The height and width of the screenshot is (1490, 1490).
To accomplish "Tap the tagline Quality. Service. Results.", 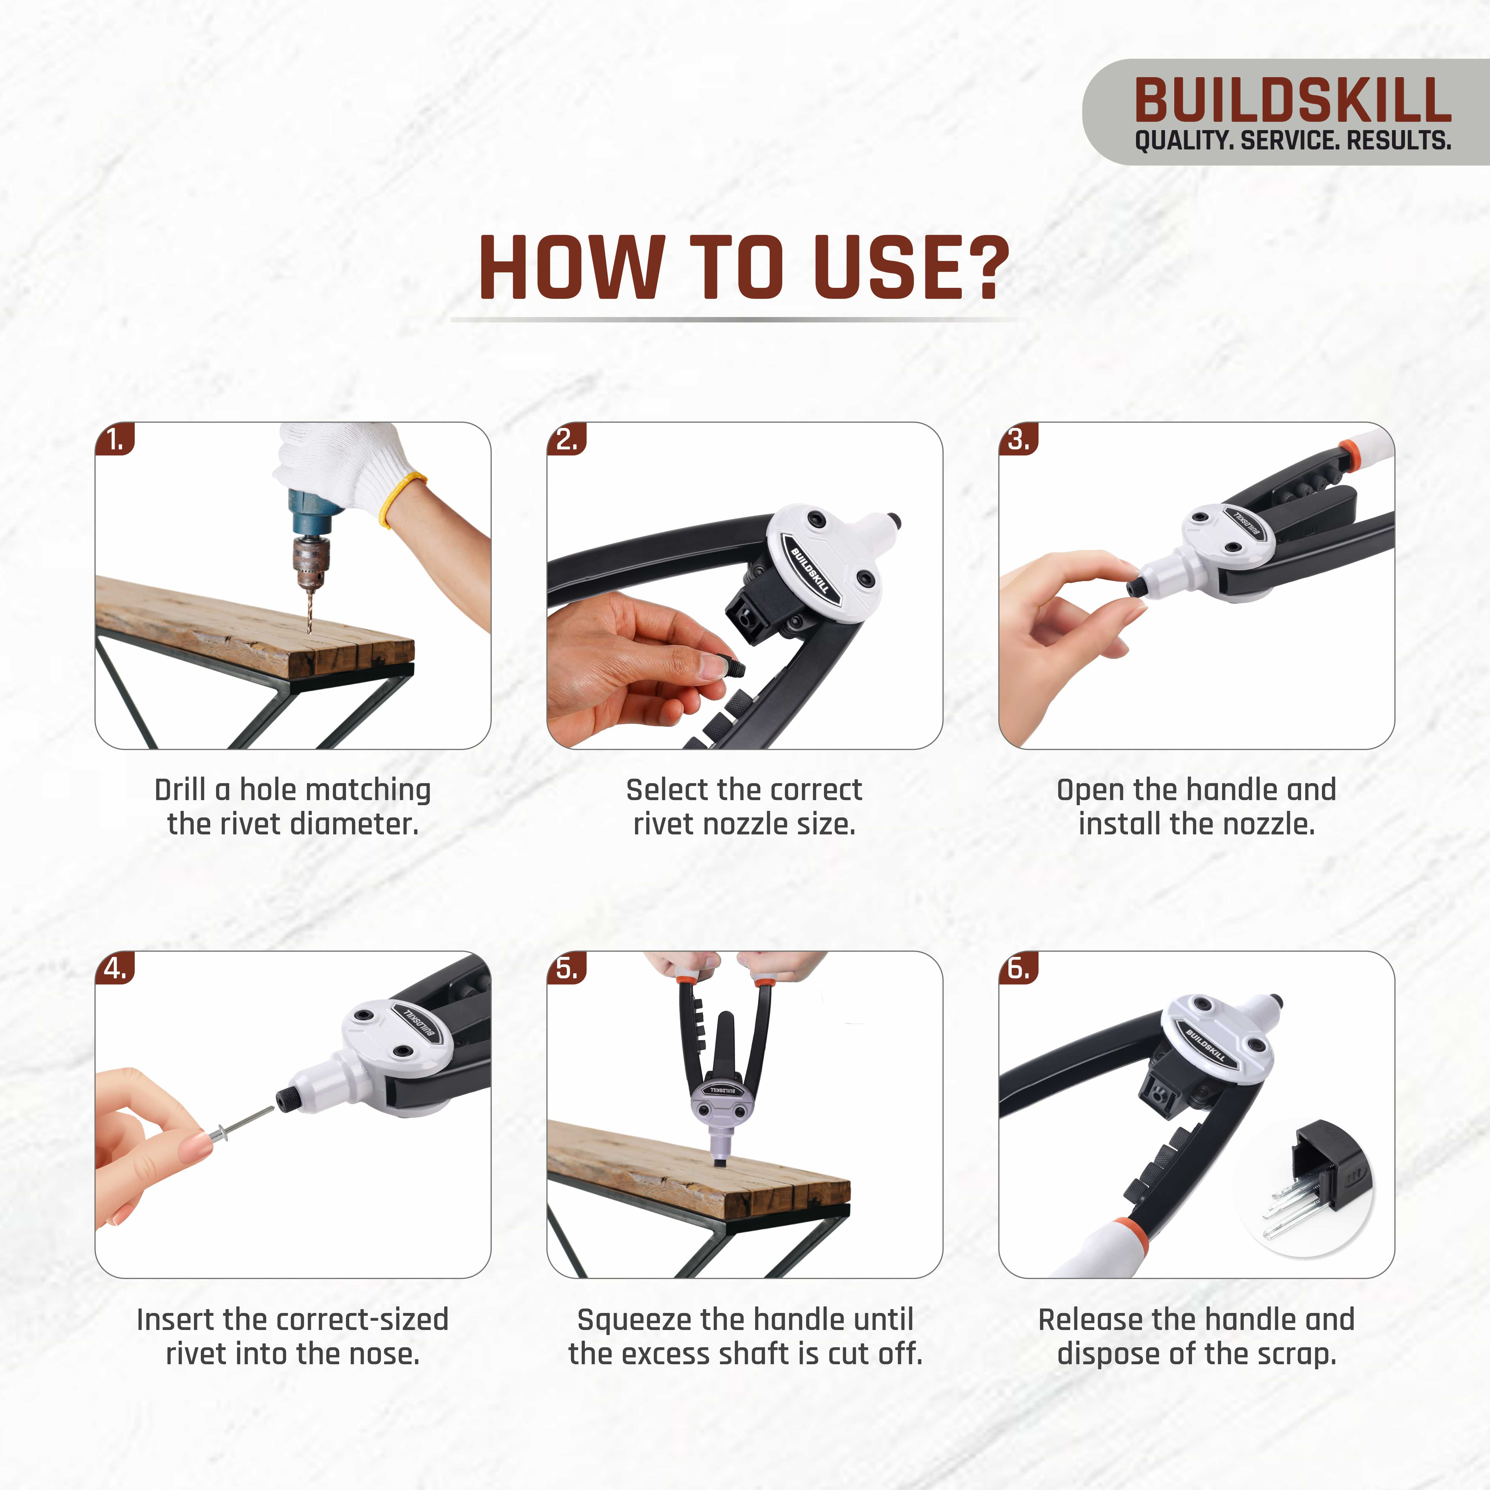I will click(1292, 141).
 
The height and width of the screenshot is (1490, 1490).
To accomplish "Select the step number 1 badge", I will click(115, 440).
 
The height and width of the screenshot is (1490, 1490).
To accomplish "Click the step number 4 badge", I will click(115, 969).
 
